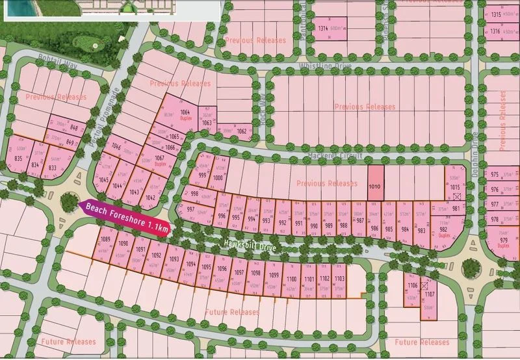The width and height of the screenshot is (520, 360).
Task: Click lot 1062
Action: [241, 131]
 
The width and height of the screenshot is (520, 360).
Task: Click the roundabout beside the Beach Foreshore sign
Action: [69, 203]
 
